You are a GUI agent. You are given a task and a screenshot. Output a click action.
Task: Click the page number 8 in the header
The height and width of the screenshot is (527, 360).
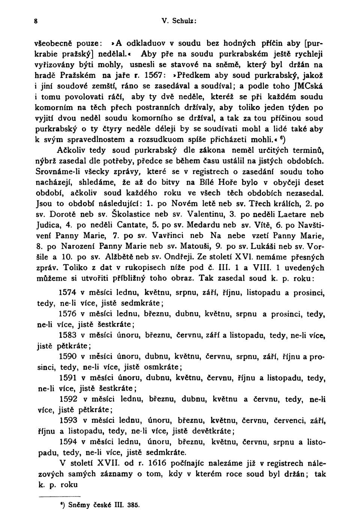coord(35,21)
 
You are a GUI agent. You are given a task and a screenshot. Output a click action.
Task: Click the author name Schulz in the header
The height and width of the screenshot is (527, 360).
coord(184,21)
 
